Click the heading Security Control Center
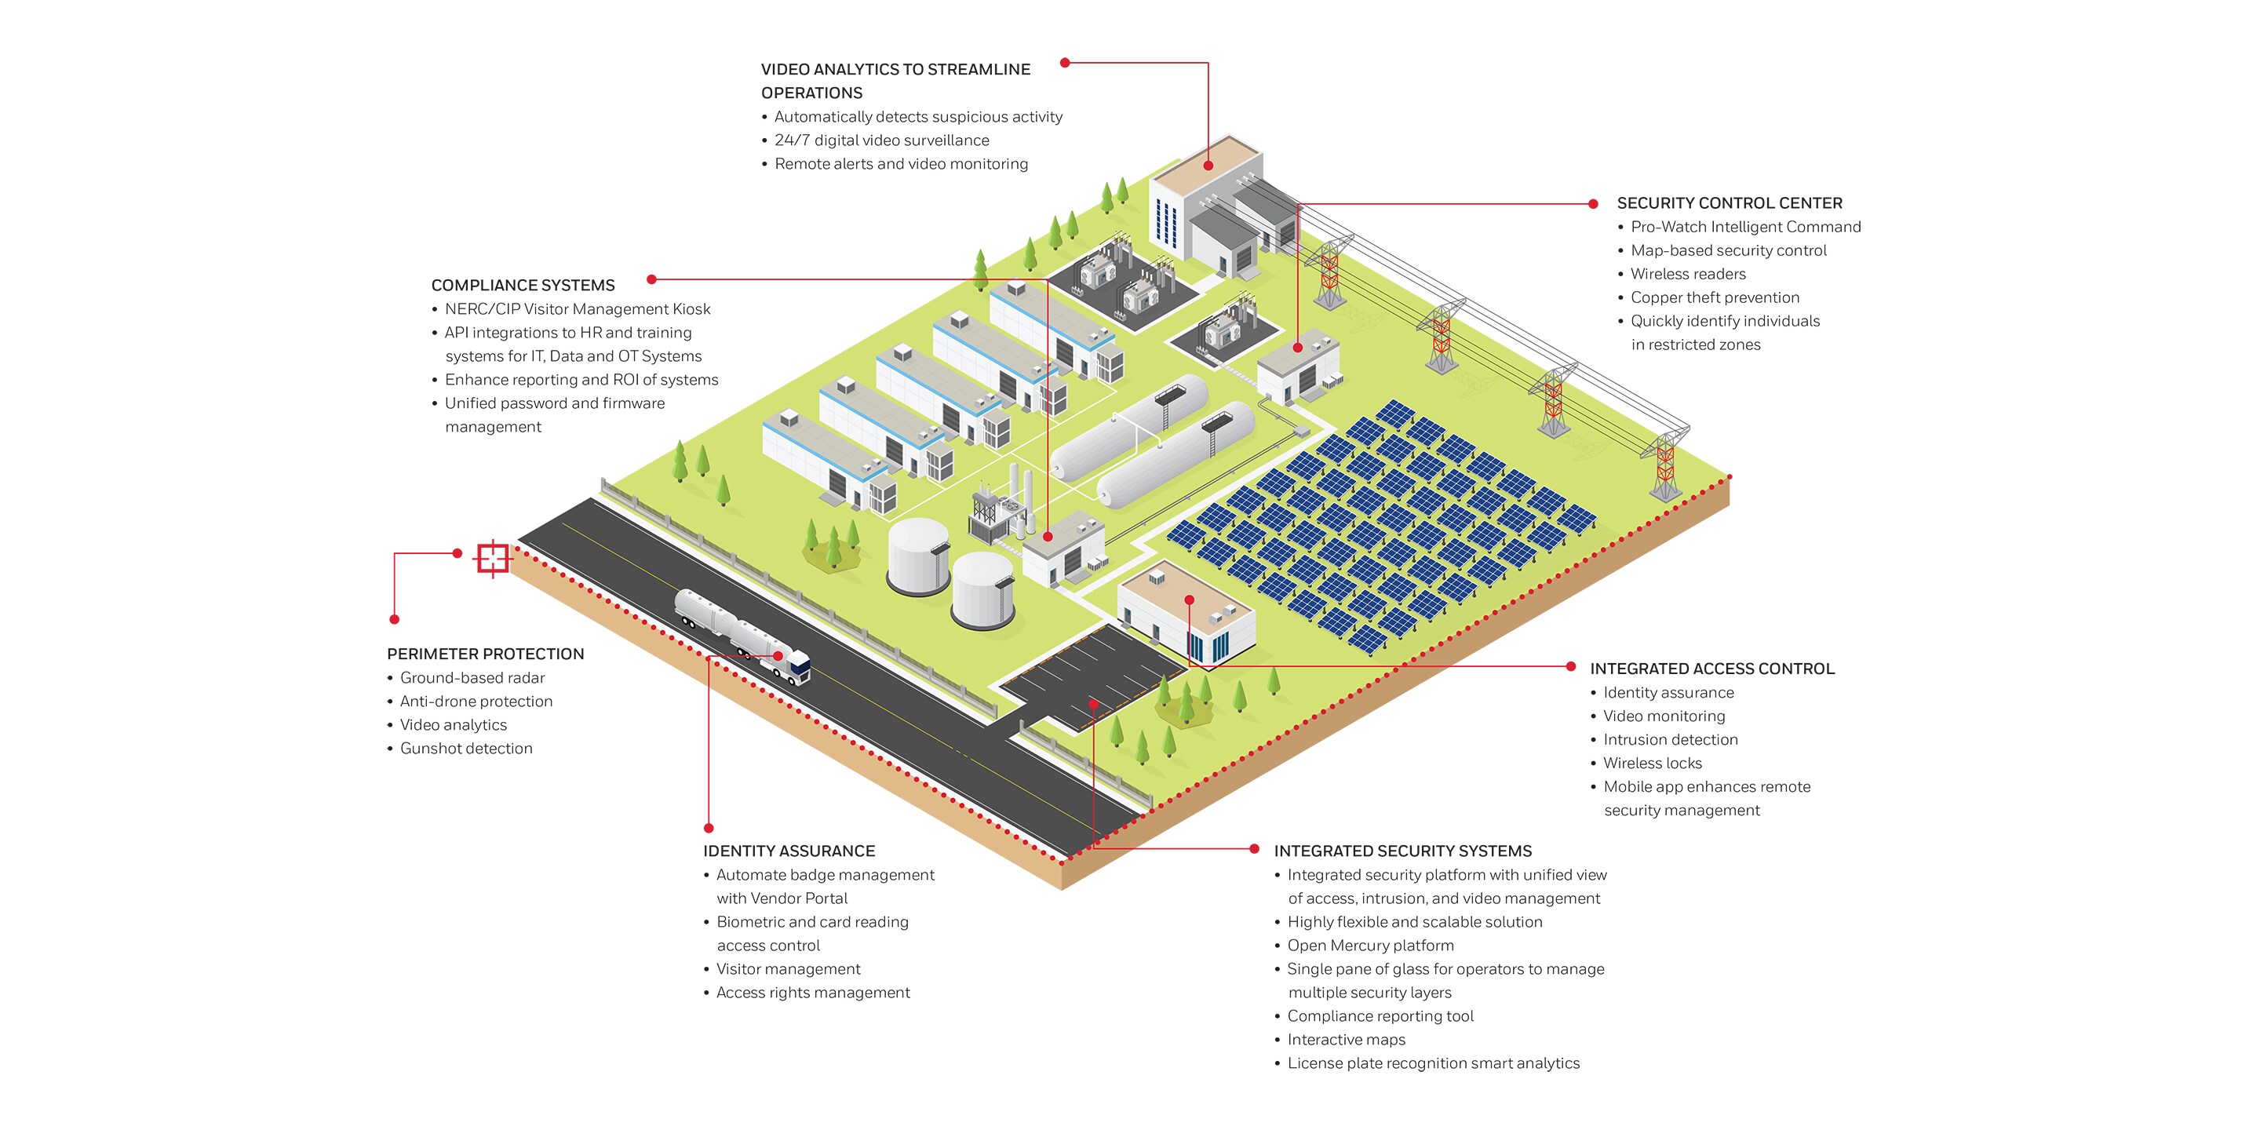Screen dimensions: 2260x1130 (x=1730, y=203)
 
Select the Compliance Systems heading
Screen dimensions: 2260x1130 (x=523, y=286)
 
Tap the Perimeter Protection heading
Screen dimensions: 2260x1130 (x=485, y=654)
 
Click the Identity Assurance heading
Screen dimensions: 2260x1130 (x=789, y=851)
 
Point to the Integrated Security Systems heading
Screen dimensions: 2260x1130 (x=1403, y=851)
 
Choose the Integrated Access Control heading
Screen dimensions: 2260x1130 (x=1711, y=669)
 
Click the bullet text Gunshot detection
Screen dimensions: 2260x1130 (x=466, y=749)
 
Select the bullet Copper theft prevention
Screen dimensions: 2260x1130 (x=1715, y=297)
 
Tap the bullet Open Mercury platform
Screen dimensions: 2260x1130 (x=1370, y=946)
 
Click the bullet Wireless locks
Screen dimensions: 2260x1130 (x=1652, y=764)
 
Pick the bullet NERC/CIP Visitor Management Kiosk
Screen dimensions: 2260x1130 (x=578, y=309)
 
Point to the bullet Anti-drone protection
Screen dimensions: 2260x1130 (x=476, y=702)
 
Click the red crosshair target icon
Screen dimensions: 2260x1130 (x=492, y=558)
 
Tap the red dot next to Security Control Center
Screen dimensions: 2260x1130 (x=1593, y=204)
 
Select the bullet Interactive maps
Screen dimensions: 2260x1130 (x=1346, y=1040)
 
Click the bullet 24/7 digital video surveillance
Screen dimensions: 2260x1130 (x=882, y=140)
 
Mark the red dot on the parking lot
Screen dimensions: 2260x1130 (x=1093, y=704)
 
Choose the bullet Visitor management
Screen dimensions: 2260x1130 (x=788, y=969)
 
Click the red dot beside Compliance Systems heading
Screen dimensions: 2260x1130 (x=652, y=280)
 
